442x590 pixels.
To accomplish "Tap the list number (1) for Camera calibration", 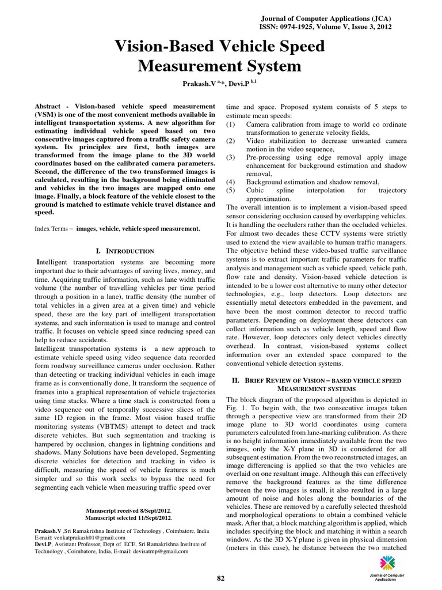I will click(231, 124).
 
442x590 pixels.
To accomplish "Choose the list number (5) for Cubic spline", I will click(231, 190).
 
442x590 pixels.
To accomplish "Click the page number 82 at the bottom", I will click(220, 578).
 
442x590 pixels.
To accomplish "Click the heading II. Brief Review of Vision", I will click(317, 381).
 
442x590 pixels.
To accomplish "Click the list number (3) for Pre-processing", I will click(231, 157).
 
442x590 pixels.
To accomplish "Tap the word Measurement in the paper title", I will click(219, 66).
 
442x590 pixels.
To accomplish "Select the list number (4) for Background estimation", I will click(231, 181).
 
